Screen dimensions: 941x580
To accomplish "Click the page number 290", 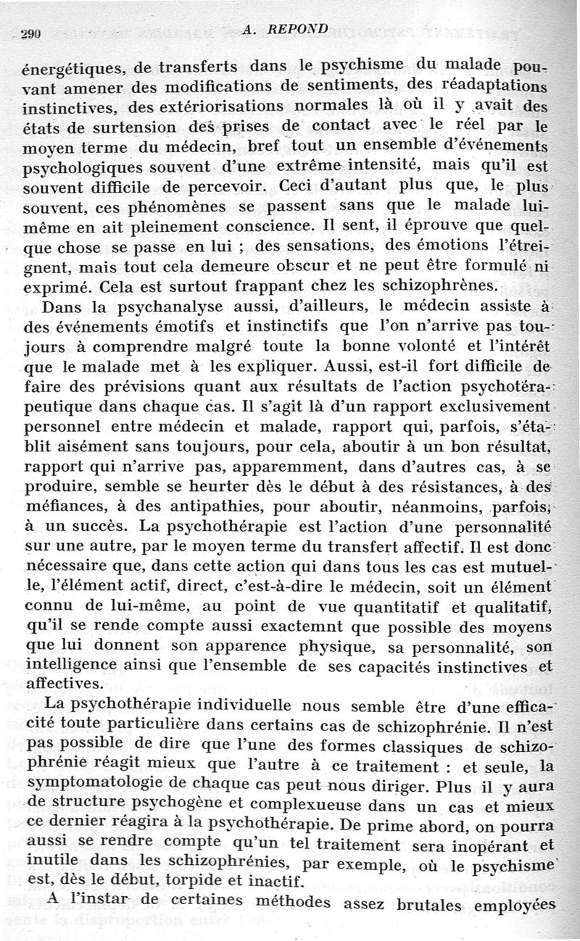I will pos(31,33).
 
